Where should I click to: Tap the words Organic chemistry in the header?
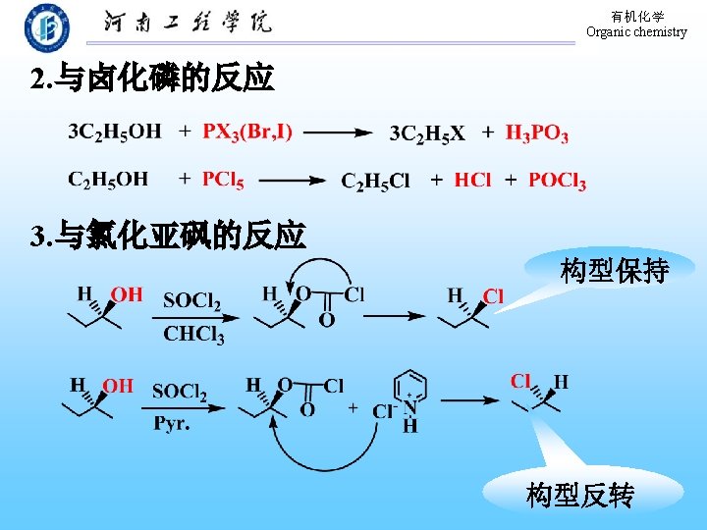point(636,32)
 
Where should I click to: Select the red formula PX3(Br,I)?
point(247,131)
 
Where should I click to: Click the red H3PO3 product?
point(537,133)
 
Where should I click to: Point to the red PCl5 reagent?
point(223,179)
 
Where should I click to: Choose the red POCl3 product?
point(557,181)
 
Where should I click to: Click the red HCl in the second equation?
point(472,181)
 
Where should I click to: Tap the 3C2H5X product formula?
point(427,133)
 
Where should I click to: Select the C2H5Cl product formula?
point(375,181)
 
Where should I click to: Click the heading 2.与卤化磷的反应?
point(152,79)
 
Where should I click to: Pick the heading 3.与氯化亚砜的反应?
point(168,236)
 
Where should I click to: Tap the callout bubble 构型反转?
point(579,496)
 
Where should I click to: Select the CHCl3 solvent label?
point(193,334)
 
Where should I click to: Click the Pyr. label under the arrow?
point(171,424)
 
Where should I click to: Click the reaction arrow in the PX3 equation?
point(338,132)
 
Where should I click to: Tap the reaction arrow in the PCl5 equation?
point(292,180)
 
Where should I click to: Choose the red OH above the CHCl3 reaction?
point(127,293)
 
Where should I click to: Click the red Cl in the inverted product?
point(521,381)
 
